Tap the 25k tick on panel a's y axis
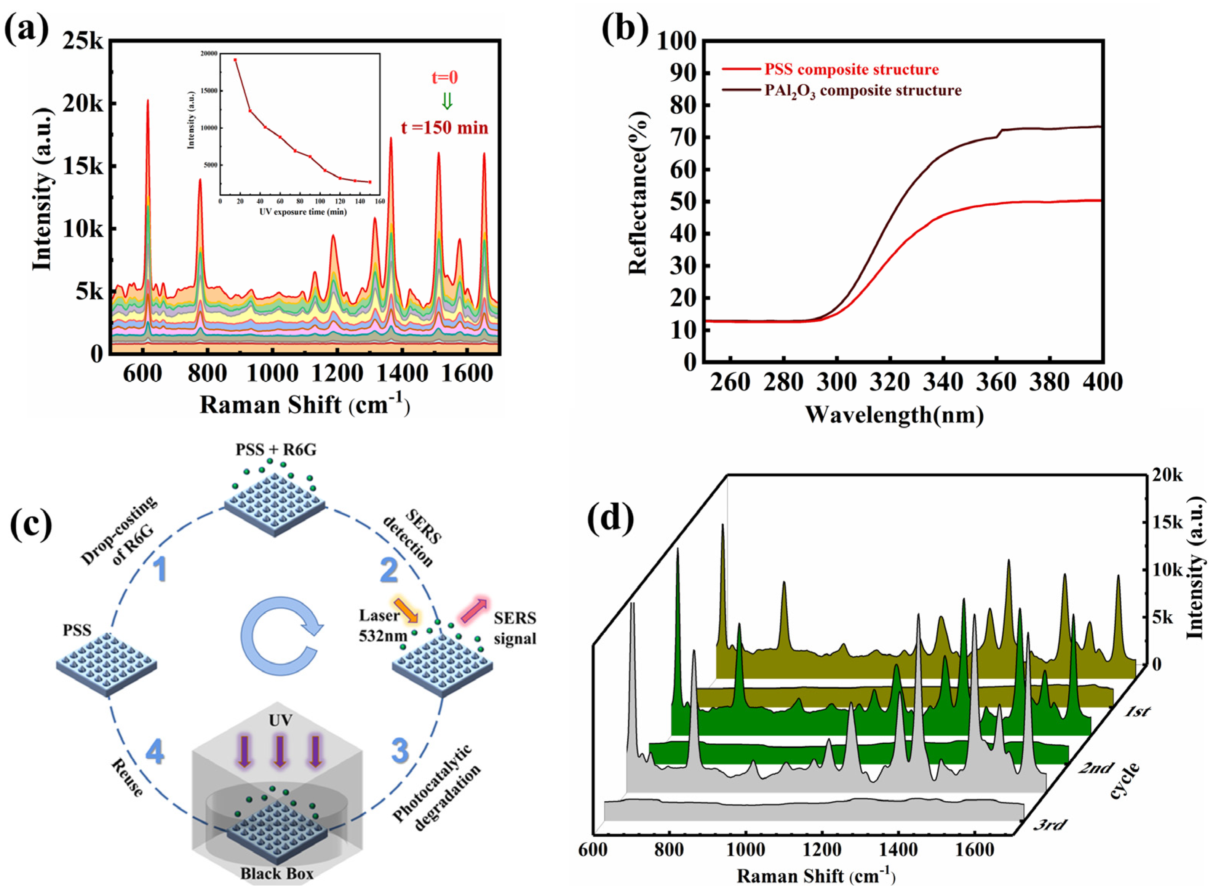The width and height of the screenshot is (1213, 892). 82,41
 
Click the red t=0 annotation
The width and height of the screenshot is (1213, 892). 444,77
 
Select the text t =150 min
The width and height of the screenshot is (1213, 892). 444,128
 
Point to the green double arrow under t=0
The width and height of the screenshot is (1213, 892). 446,101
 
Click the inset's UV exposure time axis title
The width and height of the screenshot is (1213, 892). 303,212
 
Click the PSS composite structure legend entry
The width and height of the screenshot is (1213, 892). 851,70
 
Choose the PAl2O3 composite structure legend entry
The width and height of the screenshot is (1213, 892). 863,91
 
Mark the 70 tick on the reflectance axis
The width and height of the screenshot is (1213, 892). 683,137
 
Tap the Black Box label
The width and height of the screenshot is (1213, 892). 277,873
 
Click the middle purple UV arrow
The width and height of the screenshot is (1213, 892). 279,751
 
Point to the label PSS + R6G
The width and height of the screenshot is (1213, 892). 276,450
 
